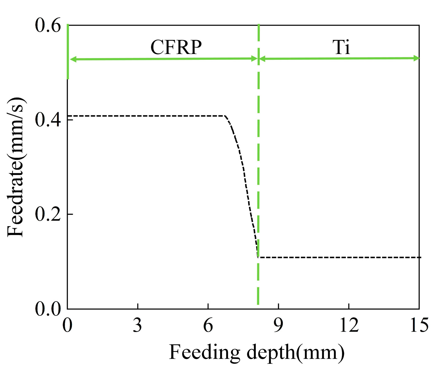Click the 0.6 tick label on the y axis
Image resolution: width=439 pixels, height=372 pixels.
[48, 25]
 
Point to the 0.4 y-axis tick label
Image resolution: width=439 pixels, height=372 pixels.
[48, 120]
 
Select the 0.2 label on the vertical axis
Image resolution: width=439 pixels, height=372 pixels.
[48, 214]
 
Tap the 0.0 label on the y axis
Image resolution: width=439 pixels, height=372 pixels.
[48, 308]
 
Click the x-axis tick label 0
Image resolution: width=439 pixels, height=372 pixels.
[67, 325]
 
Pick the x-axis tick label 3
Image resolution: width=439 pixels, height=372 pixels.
[137, 325]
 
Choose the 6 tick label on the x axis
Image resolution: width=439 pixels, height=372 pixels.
[208, 325]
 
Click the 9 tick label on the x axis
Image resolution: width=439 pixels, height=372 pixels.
[278, 325]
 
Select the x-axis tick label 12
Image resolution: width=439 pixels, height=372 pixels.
[349, 325]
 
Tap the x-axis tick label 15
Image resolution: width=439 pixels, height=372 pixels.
[419, 325]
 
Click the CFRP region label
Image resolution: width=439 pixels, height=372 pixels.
[176, 47]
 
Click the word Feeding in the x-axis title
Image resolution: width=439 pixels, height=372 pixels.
[204, 352]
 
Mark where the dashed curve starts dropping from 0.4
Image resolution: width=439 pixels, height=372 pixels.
[225, 116]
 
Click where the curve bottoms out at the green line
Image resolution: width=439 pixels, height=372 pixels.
[258, 257]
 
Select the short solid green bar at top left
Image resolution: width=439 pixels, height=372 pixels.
[68, 52]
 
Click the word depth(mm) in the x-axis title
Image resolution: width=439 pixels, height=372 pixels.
[296, 352]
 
